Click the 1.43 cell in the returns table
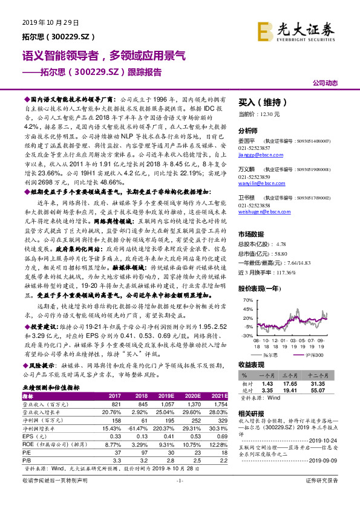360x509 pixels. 267,383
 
